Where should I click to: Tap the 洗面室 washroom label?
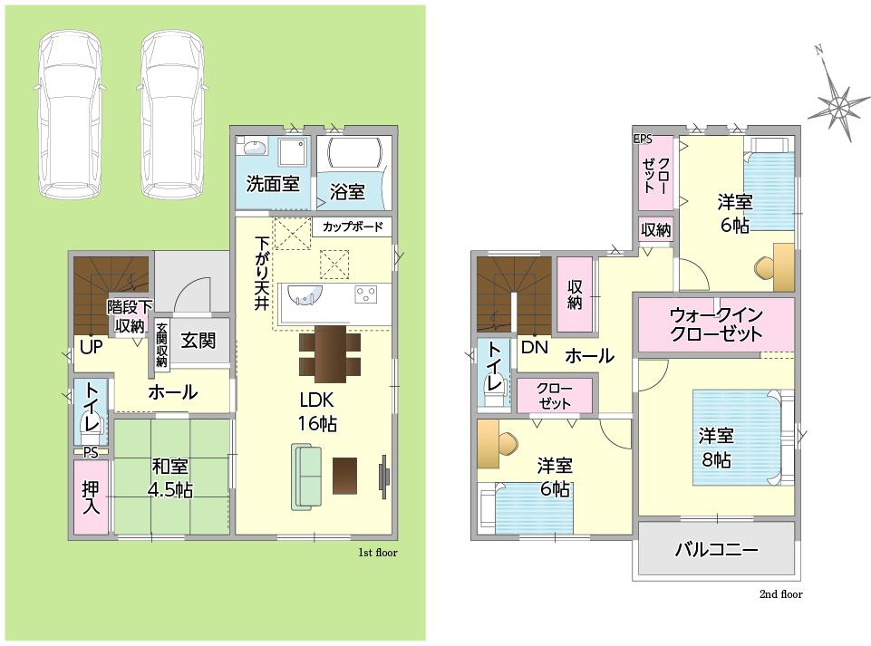click(272, 183)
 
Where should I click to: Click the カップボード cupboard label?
click(353, 227)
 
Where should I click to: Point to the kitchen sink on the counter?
click(305, 294)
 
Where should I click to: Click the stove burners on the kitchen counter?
click(366, 294)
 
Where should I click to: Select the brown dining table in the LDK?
click(330, 354)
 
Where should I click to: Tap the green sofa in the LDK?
click(306, 477)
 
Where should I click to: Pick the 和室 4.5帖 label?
click(170, 477)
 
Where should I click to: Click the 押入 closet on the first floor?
click(91, 497)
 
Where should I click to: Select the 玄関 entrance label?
click(198, 340)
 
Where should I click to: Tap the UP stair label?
click(92, 347)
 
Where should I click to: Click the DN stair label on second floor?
click(535, 348)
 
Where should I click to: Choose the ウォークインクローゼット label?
click(716, 323)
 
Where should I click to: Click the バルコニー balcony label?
click(716, 550)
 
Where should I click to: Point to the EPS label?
click(643, 140)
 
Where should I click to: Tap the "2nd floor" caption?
click(781, 594)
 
